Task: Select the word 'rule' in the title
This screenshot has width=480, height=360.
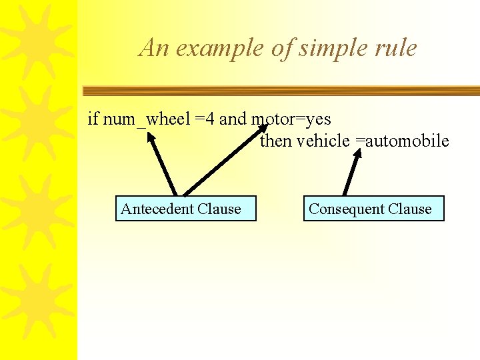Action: pyautogui.click(x=397, y=48)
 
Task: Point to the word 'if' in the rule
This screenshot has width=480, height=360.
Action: pyautogui.click(x=93, y=119)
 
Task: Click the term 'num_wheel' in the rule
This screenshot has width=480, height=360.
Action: pyautogui.click(x=147, y=120)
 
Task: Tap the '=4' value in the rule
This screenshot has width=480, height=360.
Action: pyautogui.click(x=205, y=119)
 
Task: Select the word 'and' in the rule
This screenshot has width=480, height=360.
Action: pyautogui.click(x=233, y=119)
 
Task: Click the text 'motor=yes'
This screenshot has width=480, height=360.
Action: pyautogui.click(x=291, y=119)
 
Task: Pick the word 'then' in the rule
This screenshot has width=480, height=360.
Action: pyautogui.click(x=275, y=141)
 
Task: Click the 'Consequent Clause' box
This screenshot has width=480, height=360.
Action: pyautogui.click(x=373, y=209)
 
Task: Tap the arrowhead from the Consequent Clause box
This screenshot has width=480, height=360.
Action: pyautogui.click(x=358, y=153)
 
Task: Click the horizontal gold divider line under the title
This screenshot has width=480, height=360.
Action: pyautogui.click(x=280, y=91)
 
